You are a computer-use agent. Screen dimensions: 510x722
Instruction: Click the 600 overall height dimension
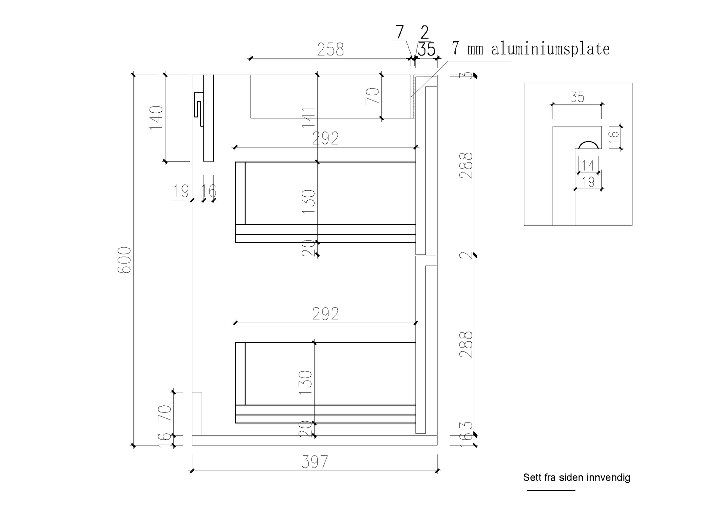click(x=124, y=260)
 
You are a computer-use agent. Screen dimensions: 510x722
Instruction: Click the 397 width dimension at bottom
click(x=315, y=461)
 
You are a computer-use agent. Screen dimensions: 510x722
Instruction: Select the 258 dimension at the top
click(x=331, y=49)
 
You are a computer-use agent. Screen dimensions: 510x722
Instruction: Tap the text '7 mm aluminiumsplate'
click(x=531, y=49)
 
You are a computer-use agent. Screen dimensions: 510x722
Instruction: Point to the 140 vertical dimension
click(x=157, y=118)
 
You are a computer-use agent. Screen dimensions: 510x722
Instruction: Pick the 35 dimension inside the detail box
click(x=577, y=97)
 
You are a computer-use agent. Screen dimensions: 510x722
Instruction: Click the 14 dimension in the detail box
click(x=588, y=165)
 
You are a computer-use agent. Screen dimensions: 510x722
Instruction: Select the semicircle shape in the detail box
click(x=588, y=145)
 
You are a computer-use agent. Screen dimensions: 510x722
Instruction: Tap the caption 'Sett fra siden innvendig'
click(x=577, y=478)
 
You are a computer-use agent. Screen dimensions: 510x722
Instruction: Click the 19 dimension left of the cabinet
click(x=181, y=191)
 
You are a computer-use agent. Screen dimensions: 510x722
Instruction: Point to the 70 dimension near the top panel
click(x=373, y=96)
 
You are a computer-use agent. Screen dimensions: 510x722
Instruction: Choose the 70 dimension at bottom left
click(x=165, y=413)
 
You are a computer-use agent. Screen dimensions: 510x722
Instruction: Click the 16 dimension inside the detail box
click(x=614, y=137)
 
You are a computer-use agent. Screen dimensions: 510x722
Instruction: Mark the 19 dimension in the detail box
click(x=589, y=181)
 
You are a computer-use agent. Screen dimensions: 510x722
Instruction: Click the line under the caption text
click(x=551, y=490)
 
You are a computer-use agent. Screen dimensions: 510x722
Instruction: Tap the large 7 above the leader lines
click(x=399, y=33)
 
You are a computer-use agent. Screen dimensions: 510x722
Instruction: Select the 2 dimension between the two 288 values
click(x=466, y=255)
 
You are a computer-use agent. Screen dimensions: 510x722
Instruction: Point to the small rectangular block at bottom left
click(x=197, y=413)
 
